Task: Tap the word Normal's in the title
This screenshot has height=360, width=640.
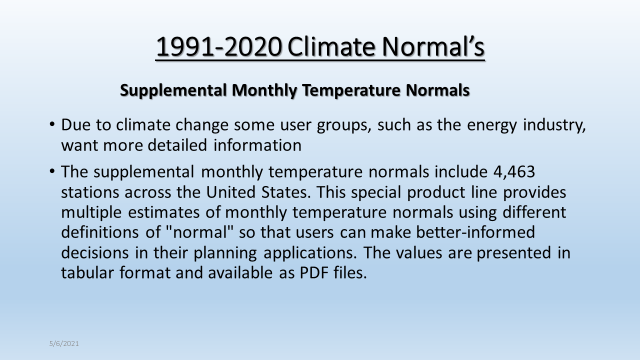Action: click(433, 46)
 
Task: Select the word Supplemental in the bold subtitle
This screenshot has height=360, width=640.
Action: click(173, 91)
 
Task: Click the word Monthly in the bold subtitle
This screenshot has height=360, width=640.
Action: click(264, 91)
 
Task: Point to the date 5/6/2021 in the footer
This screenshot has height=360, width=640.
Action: click(64, 343)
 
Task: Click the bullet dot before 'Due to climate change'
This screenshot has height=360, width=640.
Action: click(52, 124)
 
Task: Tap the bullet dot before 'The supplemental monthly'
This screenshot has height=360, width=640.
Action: click(52, 171)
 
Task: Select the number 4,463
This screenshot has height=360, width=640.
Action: click(514, 172)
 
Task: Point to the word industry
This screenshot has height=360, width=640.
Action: click(554, 125)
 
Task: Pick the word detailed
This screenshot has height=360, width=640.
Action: click(177, 145)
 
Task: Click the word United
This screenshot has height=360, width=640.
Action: click(231, 192)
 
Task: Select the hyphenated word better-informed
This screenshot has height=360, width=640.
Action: click(475, 231)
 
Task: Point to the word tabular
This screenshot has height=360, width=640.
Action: click(87, 272)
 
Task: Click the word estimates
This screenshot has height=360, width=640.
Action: click(163, 212)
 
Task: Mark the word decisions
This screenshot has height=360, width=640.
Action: click(95, 252)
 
